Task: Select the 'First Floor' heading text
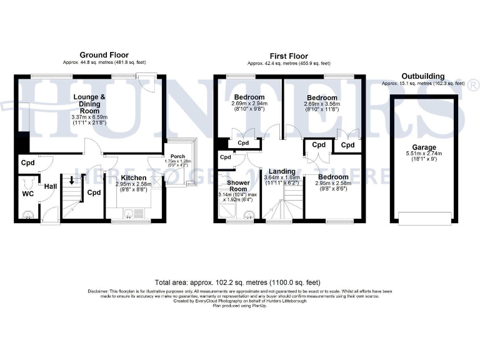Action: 289,56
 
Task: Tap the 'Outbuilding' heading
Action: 422,76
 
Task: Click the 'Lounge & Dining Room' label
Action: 90,101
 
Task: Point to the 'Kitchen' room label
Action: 132,178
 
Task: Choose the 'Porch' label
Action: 177,156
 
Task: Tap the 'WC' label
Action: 27,194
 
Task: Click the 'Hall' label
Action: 49,186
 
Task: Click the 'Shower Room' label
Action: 239,186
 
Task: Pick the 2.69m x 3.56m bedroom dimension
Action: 322,104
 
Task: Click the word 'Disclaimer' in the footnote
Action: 99,291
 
